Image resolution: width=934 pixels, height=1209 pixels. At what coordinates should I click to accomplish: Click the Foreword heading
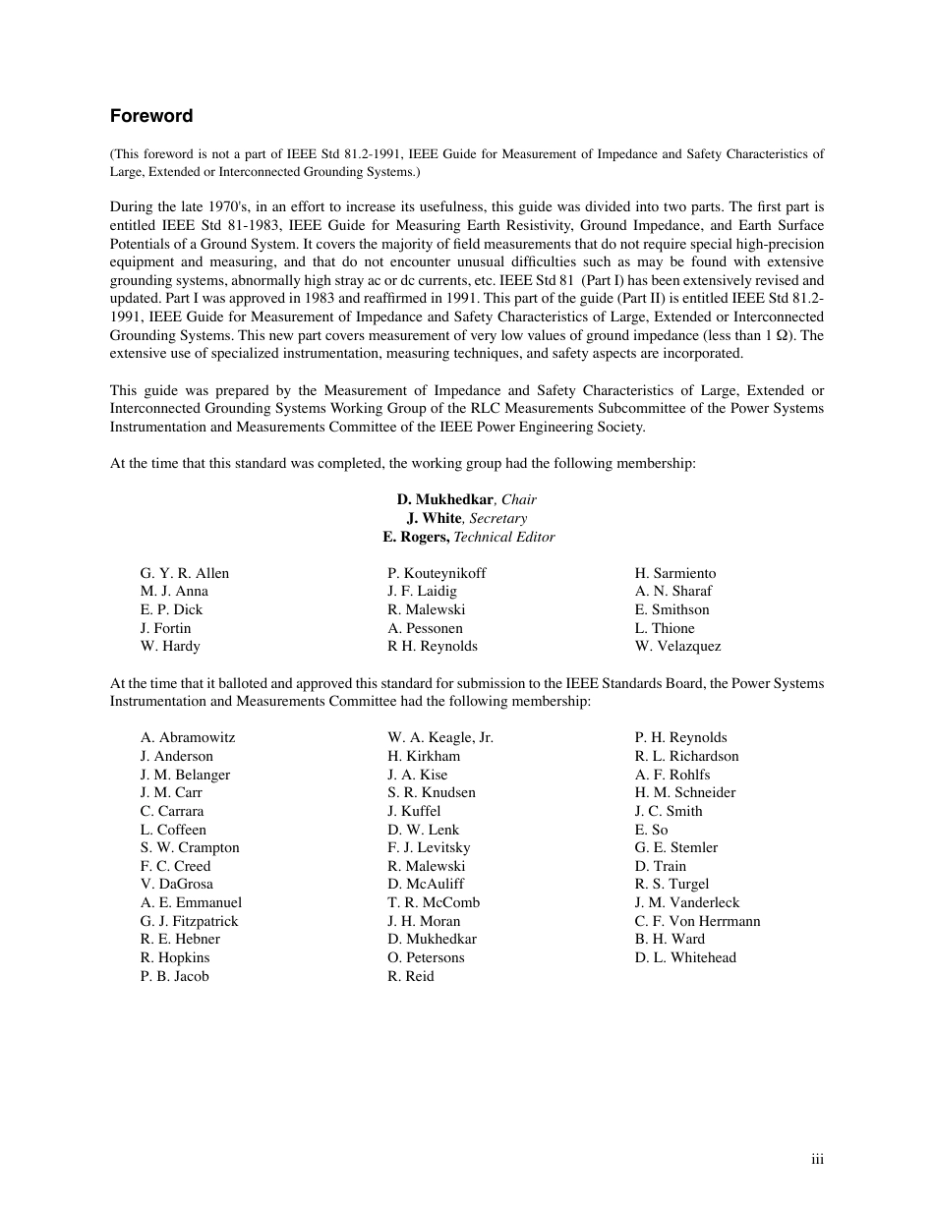pos(151,116)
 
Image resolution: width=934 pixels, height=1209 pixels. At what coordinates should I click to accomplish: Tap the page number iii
pos(817,1160)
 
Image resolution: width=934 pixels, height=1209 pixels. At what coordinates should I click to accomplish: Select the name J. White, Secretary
pos(467,518)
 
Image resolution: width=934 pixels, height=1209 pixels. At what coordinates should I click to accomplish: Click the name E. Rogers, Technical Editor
pos(469,537)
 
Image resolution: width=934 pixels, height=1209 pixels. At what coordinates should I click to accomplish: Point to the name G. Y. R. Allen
pos(185,573)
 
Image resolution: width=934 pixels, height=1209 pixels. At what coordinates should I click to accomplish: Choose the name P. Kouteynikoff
pos(437,573)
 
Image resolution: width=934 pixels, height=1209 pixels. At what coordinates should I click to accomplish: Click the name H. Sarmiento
pos(675,573)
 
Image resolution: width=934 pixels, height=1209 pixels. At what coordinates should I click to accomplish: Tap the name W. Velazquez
pos(677,646)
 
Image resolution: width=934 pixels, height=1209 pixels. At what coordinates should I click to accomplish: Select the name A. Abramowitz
pos(188,737)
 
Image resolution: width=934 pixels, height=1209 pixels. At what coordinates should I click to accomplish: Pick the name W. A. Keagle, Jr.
pos(440,737)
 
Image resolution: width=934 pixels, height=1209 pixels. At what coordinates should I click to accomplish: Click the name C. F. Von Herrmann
pos(697,921)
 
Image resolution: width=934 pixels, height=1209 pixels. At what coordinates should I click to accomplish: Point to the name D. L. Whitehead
pos(685,957)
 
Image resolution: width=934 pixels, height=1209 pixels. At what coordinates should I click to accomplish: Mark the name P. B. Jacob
pos(174,976)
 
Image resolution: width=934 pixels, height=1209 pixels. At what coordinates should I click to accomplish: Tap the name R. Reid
pos(411,976)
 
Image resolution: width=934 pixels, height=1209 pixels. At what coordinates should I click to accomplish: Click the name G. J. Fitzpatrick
pos(189,921)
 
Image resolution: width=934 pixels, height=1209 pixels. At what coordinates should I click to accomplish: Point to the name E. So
pos(651,830)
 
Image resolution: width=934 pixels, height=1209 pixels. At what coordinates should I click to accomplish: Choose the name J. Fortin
pos(165,628)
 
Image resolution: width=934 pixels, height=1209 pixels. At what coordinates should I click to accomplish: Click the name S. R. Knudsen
pos(432,792)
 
